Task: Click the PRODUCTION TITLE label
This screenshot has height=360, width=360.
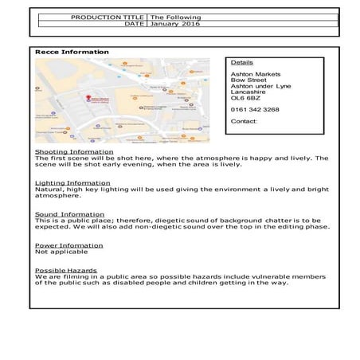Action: (x=108, y=17)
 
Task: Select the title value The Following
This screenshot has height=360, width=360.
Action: (x=175, y=17)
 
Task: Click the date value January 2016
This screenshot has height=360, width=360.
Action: (x=175, y=24)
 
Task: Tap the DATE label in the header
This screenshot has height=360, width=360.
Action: (x=134, y=24)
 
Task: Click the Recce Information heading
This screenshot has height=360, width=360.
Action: (x=72, y=52)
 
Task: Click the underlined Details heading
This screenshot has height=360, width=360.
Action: (x=241, y=61)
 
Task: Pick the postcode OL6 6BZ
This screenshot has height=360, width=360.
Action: (x=245, y=98)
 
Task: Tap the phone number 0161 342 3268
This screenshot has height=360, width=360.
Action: (x=254, y=109)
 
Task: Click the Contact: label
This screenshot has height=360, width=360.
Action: (x=244, y=121)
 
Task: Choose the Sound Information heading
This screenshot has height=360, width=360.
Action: (x=69, y=213)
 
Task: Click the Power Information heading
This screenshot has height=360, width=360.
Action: (x=68, y=245)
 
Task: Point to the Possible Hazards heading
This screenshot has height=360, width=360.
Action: (x=66, y=270)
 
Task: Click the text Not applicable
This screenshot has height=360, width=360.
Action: (x=57, y=252)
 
